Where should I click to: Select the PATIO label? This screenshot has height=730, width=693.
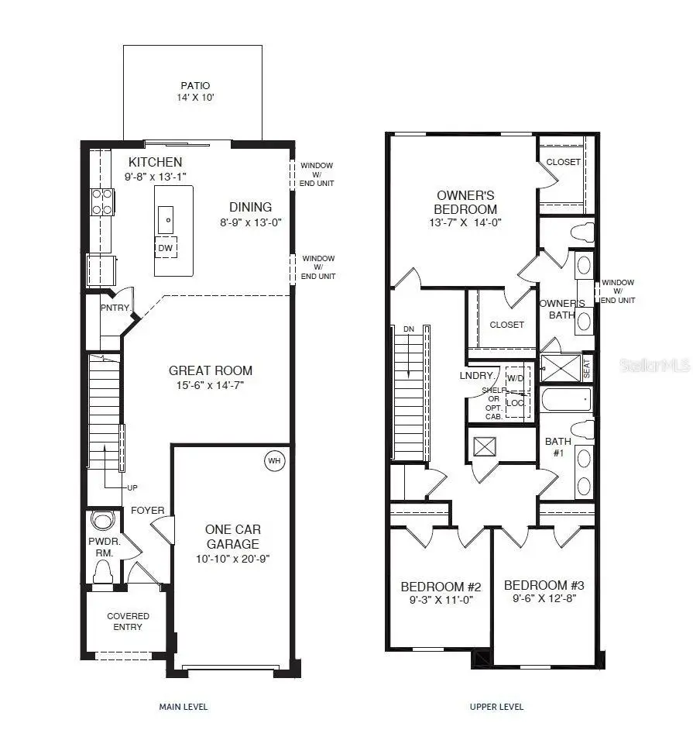click(x=195, y=86)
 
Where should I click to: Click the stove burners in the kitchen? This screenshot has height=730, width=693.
click(x=102, y=202)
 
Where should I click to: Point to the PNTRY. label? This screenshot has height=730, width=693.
click(x=115, y=308)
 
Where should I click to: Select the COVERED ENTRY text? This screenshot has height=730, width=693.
click(x=128, y=622)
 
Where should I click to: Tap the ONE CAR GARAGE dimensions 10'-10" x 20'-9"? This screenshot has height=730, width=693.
click(x=232, y=559)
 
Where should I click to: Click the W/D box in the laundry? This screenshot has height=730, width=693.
click(x=515, y=378)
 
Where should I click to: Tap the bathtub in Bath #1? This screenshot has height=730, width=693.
click(x=564, y=400)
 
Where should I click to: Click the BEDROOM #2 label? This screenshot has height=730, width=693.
click(x=441, y=587)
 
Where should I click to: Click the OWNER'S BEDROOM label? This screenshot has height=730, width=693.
click(x=465, y=202)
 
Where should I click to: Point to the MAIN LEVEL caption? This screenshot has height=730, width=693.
click(x=184, y=707)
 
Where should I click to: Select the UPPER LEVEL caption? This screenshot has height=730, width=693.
click(x=496, y=707)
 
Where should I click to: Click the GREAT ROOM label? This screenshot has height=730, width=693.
click(x=211, y=370)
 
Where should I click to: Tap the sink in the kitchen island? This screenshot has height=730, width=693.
click(x=166, y=220)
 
